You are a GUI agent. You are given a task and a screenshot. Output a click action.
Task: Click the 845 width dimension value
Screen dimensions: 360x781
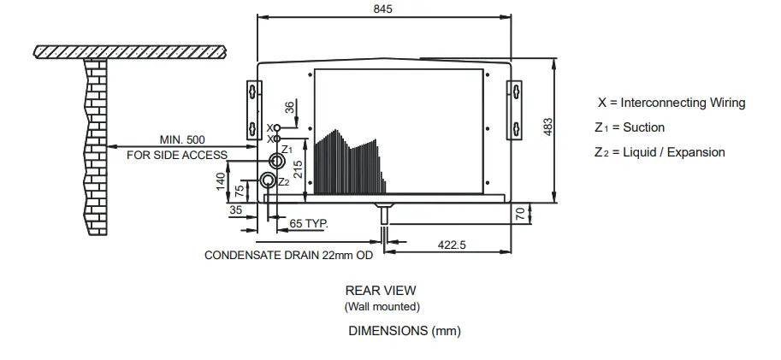click(383, 9)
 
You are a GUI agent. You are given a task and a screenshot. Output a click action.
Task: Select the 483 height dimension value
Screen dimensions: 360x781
click(548, 126)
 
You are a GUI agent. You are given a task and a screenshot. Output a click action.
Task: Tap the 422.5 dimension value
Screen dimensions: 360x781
click(452, 245)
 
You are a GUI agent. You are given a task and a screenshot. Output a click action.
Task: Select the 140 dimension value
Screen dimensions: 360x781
click(220, 181)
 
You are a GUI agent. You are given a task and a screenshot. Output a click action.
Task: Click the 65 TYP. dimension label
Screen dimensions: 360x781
click(309, 223)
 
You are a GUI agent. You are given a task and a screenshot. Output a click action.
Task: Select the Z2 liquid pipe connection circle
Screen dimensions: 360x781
click(268, 180)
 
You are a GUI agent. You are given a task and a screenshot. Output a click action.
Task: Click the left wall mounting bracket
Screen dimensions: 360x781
click(252, 109)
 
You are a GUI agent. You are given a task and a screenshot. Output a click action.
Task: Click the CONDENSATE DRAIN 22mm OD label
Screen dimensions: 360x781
click(289, 255)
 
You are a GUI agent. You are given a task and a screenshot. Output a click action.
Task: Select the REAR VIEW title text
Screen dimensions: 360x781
click(381, 291)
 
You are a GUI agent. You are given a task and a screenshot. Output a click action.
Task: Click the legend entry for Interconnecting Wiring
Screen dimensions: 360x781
click(671, 103)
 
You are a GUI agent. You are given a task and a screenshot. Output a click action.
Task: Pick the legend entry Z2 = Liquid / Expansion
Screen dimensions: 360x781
click(660, 152)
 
